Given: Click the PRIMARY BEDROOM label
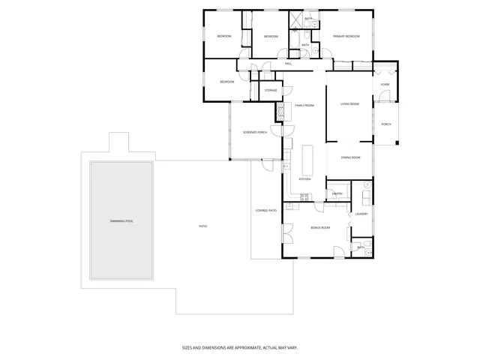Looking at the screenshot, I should (x=346, y=36).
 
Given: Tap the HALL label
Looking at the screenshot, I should (x=288, y=64).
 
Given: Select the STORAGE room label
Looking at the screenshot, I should (x=271, y=91).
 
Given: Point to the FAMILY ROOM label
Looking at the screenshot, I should (x=304, y=105).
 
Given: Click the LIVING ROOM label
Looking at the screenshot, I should (x=349, y=104).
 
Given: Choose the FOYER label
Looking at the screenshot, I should (x=385, y=85).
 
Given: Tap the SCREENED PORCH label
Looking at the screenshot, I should (x=255, y=132).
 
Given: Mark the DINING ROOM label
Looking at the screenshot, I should (x=351, y=157).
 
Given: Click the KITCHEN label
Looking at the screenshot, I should (x=304, y=179).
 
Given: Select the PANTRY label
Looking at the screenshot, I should (x=337, y=193).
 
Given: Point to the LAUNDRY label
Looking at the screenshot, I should (x=361, y=214).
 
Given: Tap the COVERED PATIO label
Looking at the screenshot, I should (x=266, y=211).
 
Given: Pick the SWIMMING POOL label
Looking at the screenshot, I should (x=121, y=221).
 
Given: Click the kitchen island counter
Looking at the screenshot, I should (x=306, y=158).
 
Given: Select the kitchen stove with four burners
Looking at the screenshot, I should (x=304, y=196).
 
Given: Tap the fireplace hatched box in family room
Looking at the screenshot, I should (x=280, y=112).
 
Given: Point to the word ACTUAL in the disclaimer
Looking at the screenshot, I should (x=268, y=347).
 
